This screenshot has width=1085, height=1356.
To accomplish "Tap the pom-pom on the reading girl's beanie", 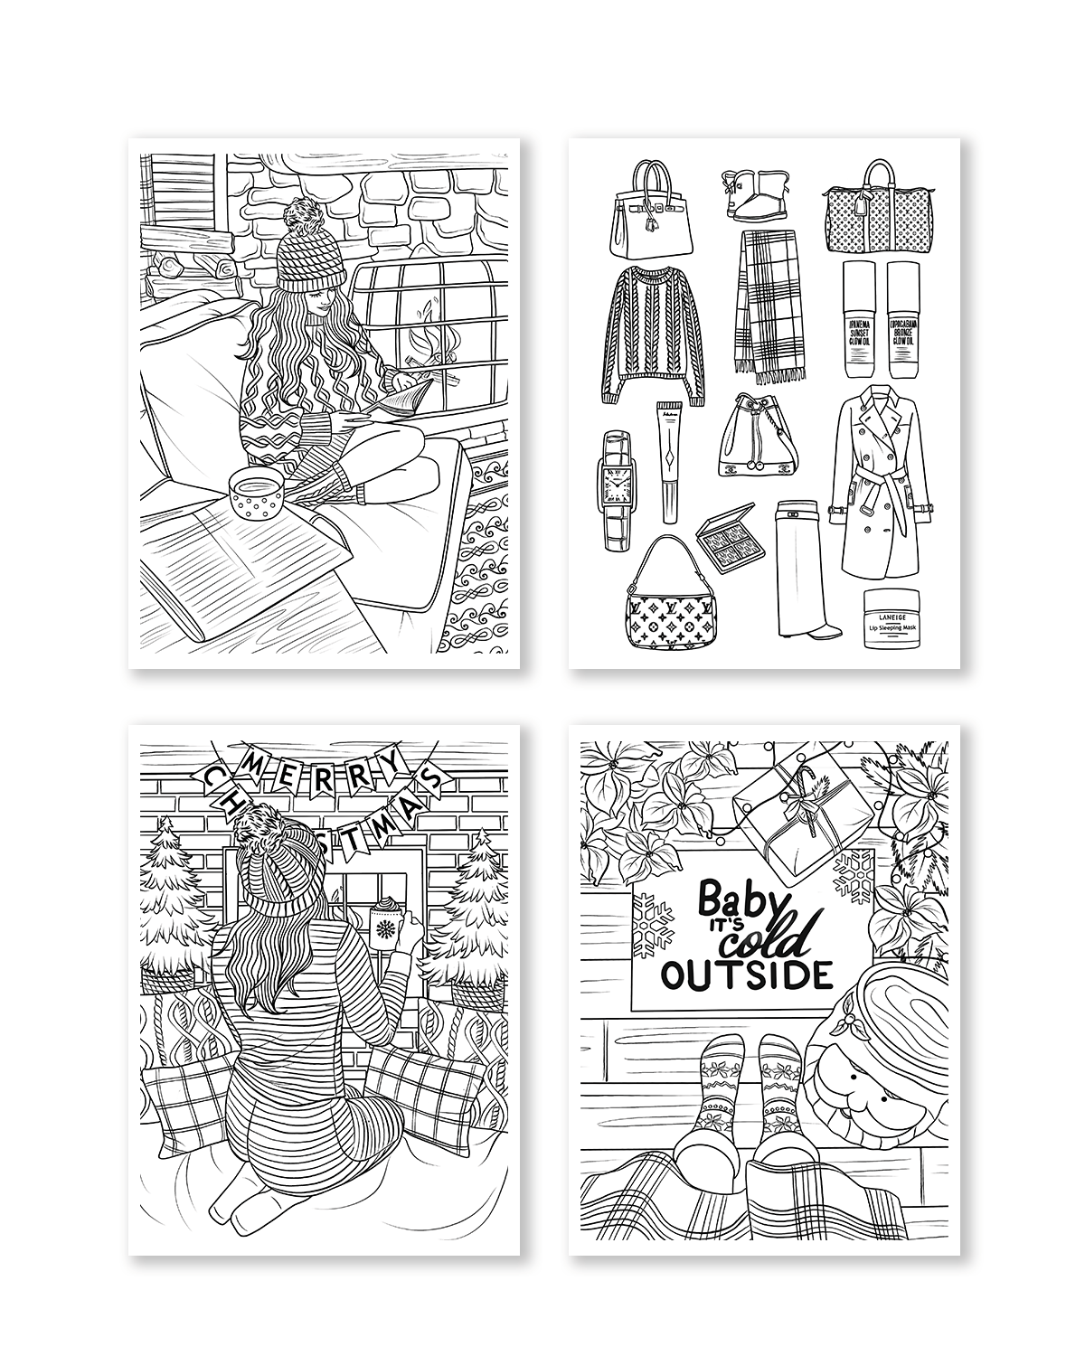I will [x=299, y=218].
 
